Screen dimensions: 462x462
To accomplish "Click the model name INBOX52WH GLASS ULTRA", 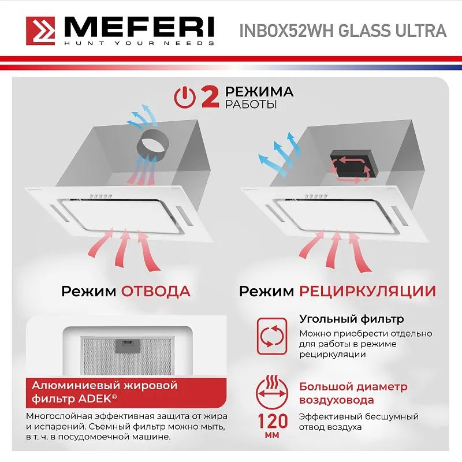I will (342, 30).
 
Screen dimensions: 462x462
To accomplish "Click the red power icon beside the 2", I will (184, 97).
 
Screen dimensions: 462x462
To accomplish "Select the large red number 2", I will (209, 96).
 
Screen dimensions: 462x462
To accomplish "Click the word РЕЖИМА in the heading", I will (259, 92).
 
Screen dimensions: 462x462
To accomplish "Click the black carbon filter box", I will (349, 164).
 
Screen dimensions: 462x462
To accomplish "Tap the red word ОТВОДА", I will (155, 291).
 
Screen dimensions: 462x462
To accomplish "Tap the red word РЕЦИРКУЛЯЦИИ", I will (367, 291).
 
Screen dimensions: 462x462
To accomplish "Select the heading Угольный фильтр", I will (351, 319).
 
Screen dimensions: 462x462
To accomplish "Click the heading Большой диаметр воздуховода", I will (353, 393).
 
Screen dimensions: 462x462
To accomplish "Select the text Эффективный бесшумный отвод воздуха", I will (358, 422).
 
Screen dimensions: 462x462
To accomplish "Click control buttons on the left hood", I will (100, 196).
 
